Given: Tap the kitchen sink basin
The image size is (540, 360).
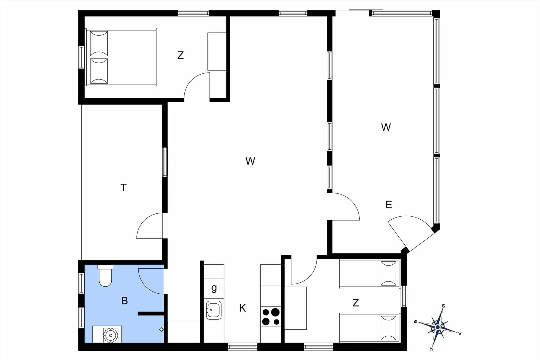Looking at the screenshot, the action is tap(214, 310).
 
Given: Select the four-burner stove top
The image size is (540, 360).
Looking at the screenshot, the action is tap(271, 316).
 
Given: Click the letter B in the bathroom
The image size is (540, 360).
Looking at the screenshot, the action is tap(125, 301).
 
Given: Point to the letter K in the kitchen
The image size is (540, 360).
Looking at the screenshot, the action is tap(242, 308).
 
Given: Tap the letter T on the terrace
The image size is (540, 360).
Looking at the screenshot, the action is tap(123, 188).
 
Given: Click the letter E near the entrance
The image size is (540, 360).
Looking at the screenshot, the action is tap(389, 204).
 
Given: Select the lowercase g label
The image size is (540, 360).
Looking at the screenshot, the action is tap(214, 288).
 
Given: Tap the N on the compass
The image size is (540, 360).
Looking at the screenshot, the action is tap(432, 349).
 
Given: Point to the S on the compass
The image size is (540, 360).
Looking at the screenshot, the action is tap(444, 306).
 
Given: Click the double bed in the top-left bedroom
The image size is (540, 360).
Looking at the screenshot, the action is tap(121, 57).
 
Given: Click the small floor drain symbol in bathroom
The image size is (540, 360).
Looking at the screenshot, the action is tap(161, 329).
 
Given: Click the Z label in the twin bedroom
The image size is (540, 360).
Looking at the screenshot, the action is tap(356, 303).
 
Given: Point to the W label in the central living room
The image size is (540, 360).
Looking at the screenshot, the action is tap(250, 161).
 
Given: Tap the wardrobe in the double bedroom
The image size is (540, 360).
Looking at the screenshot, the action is tap(217, 51).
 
